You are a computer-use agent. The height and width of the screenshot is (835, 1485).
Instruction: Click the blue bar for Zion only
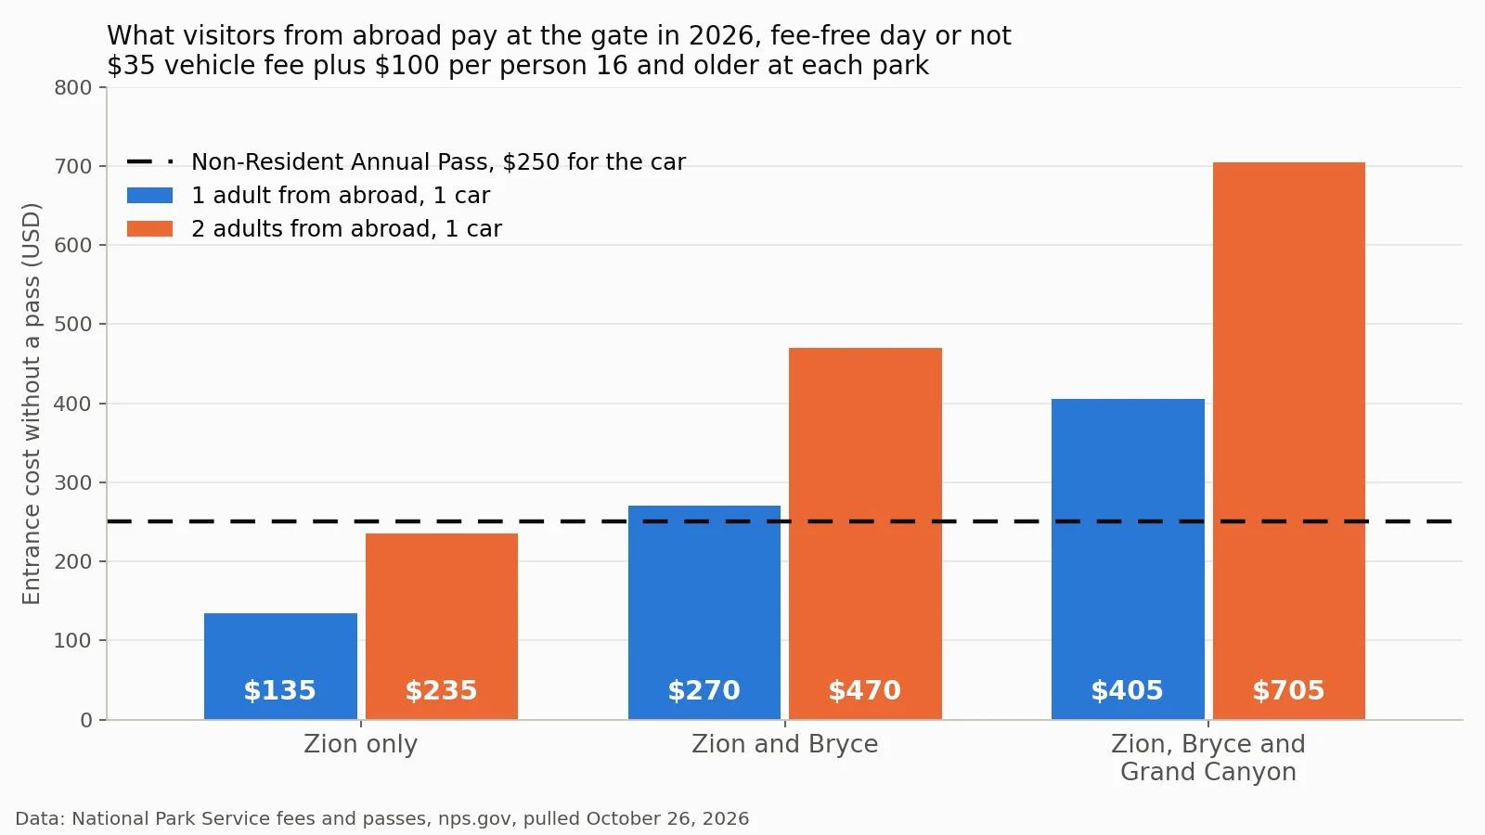point(280,666)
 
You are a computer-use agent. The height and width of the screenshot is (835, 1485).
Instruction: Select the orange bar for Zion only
point(442,626)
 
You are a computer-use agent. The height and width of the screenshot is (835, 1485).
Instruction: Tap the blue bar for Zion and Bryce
point(704,612)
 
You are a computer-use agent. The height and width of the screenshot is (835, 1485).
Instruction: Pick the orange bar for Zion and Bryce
point(865,533)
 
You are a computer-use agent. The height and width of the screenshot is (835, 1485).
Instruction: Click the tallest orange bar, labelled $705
point(1289,441)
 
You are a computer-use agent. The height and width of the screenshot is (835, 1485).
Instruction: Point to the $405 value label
point(1127,690)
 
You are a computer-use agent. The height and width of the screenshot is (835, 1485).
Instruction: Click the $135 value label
point(279,690)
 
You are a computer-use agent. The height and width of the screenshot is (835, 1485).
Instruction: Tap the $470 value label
point(864,690)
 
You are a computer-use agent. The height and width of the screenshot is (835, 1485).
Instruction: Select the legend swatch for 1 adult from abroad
point(149,196)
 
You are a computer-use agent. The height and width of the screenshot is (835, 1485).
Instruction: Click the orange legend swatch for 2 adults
point(149,228)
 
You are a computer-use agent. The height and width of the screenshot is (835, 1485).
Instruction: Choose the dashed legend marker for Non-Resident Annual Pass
point(149,161)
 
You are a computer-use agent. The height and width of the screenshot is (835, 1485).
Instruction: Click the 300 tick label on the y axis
point(73,482)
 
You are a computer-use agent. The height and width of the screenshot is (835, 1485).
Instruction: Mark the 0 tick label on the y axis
point(86,720)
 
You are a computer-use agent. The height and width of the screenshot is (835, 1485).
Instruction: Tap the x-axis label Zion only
point(361,744)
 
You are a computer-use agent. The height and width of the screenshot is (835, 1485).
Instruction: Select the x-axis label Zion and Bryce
point(785,744)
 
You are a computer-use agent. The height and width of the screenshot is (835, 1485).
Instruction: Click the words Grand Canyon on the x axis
point(1208,772)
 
